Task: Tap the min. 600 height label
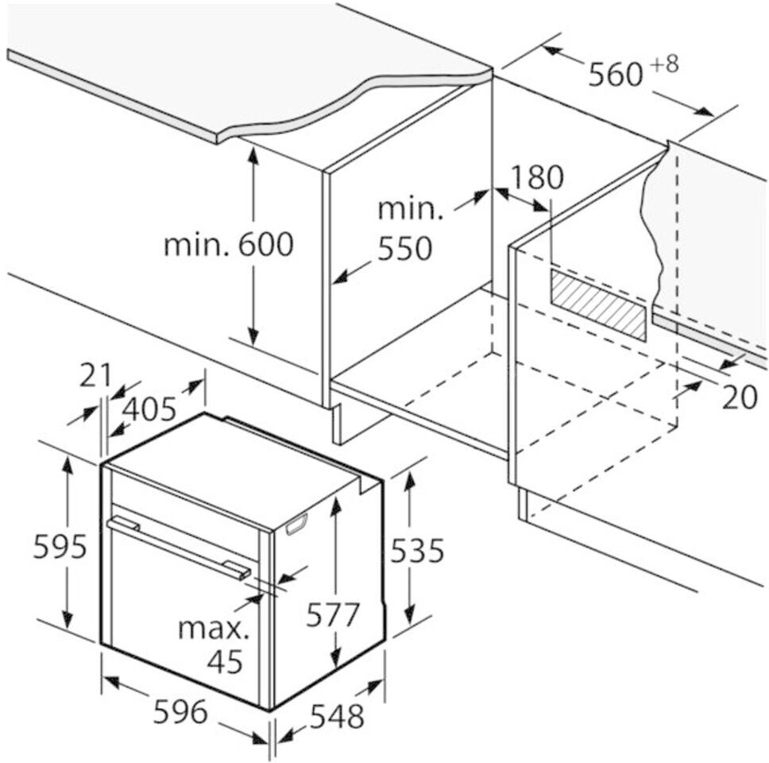(x=228, y=245)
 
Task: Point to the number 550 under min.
(x=404, y=249)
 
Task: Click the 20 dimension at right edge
(x=739, y=397)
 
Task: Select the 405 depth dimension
(x=149, y=409)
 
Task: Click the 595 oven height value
(x=59, y=547)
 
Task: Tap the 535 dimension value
(x=416, y=549)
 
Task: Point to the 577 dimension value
(x=334, y=614)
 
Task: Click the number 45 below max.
(x=225, y=661)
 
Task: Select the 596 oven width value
(x=180, y=711)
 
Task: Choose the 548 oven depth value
(x=336, y=716)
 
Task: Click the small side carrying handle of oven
(x=295, y=525)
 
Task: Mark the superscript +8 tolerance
(x=666, y=64)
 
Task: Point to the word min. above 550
(x=409, y=210)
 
